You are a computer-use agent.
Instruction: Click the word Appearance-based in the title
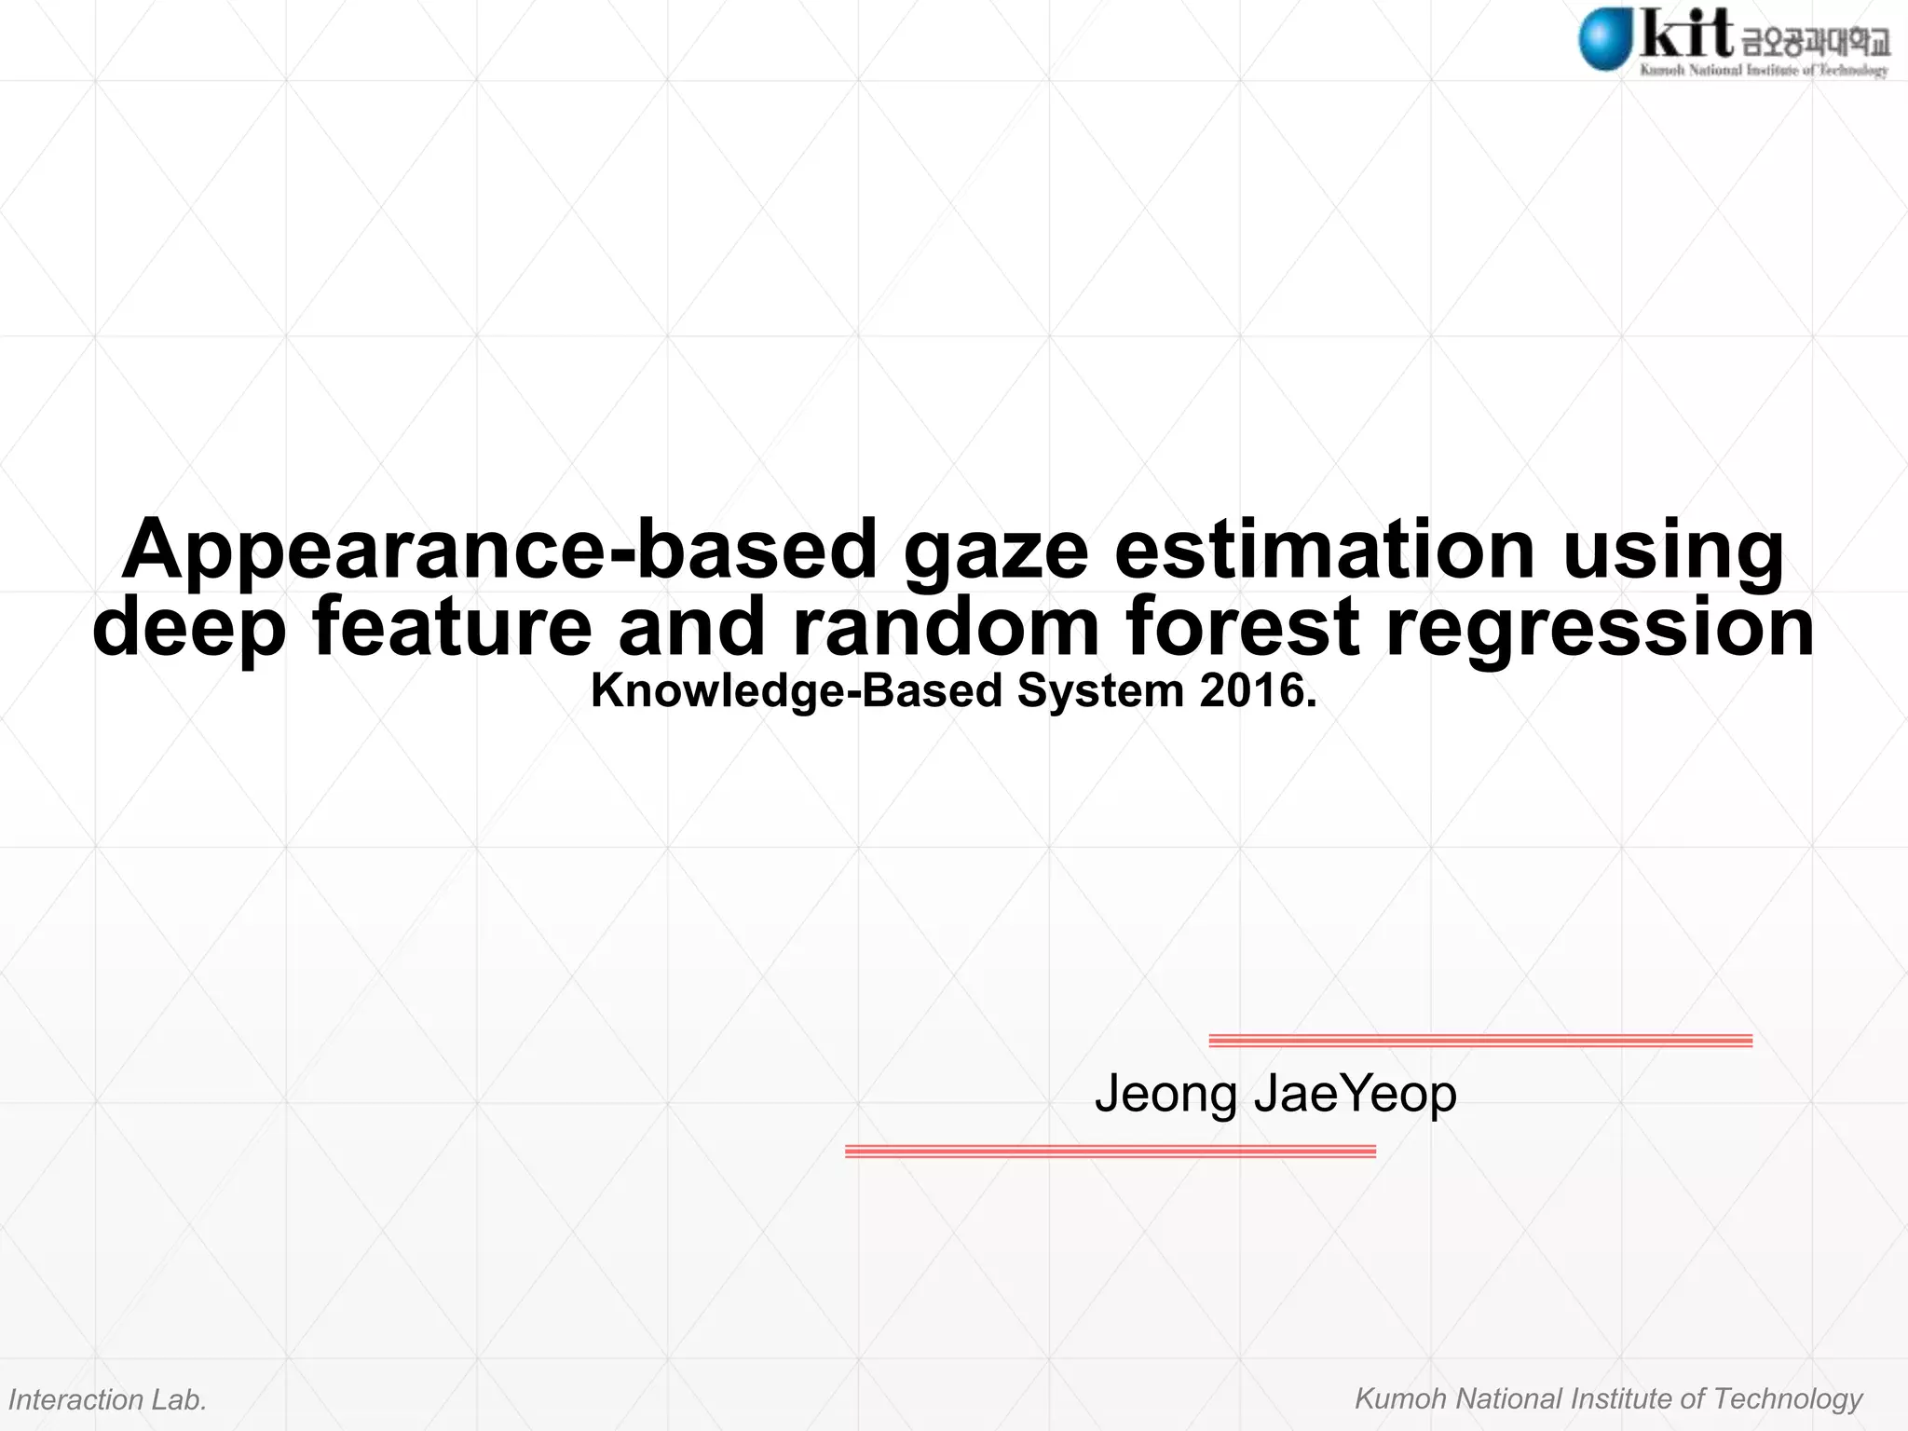(x=499, y=550)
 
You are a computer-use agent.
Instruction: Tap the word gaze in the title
(x=995, y=552)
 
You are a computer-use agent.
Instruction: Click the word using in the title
(x=1673, y=552)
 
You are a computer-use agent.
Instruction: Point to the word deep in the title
(x=189, y=628)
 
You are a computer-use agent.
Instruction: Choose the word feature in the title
(x=452, y=626)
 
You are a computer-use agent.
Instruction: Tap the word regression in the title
(x=1600, y=628)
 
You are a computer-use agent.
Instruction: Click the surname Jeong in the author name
(x=1165, y=1095)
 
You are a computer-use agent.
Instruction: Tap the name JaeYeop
(x=1355, y=1095)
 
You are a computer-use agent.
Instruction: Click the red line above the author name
(x=1479, y=1041)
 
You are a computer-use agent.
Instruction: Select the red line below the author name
(x=1110, y=1152)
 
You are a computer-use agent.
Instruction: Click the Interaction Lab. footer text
(x=107, y=1399)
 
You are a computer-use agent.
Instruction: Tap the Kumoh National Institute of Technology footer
(x=1608, y=1398)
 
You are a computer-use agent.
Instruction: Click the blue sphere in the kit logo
(x=1604, y=38)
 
